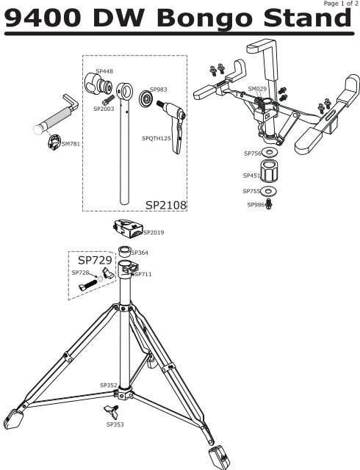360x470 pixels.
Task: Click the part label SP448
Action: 104,71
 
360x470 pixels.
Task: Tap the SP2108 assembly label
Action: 166,206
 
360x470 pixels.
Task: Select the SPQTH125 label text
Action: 156,139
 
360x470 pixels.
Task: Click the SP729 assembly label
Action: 95,260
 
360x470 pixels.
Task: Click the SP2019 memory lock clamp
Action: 129,228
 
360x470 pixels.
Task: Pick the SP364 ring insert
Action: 125,251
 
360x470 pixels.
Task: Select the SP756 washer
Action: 270,152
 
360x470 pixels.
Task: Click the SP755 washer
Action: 268,191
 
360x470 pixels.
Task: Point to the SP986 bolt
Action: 269,204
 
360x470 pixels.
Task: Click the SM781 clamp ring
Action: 54,142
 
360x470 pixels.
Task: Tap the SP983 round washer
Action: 146,98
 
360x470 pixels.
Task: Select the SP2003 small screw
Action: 108,100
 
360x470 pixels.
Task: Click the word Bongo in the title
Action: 204,18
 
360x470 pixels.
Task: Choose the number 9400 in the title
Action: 43,18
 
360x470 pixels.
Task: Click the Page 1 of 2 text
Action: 341,4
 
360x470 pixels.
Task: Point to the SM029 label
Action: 257,89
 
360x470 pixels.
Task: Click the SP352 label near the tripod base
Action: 108,385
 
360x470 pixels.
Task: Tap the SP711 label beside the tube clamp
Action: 143,274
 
